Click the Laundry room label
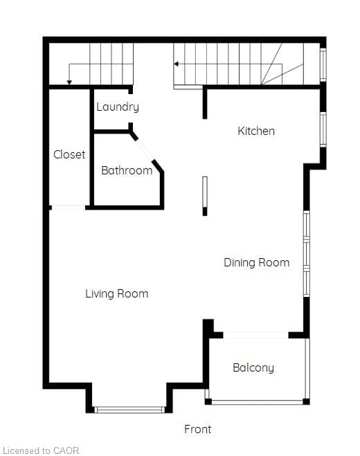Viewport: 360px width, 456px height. [x=118, y=107]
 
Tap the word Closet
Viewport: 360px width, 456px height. [x=69, y=154]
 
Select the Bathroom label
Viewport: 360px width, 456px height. [x=127, y=170]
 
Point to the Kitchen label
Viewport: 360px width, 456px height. [x=256, y=131]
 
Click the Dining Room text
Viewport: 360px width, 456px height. [x=256, y=262]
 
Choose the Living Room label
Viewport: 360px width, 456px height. [x=117, y=293]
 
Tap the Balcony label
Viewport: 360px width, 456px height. [x=253, y=368]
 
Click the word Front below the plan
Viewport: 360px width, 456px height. [x=197, y=429]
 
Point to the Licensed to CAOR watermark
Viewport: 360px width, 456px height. [x=40, y=450]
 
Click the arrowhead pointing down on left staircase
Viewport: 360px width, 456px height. [x=69, y=82]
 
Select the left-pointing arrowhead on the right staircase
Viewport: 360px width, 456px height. [x=176, y=64]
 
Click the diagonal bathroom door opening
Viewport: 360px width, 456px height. [x=144, y=149]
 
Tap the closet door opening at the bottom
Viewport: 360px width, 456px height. [x=69, y=208]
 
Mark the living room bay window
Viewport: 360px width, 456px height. [x=129, y=410]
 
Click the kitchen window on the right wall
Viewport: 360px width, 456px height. [x=323, y=129]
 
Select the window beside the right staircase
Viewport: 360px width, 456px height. [x=323, y=65]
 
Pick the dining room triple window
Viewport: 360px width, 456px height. [x=307, y=253]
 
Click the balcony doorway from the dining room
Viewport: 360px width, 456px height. [x=256, y=335]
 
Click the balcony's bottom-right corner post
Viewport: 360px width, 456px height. [x=306, y=401]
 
